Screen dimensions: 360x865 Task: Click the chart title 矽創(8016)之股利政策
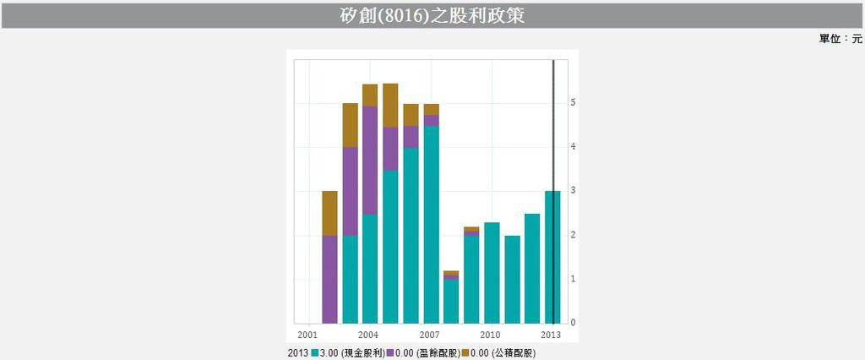point(432,15)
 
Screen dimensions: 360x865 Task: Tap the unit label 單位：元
point(841,39)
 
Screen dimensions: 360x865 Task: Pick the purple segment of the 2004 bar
point(370,161)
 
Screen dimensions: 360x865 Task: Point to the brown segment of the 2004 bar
point(370,95)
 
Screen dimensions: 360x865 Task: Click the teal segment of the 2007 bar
point(431,224)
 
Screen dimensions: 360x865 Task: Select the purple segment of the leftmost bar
point(329,279)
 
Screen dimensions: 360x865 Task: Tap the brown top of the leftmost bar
point(329,213)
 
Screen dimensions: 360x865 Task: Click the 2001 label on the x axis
point(308,334)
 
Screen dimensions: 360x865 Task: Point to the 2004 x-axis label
point(369,334)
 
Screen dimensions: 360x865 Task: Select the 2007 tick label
point(430,334)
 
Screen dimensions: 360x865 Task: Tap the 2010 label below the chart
point(491,334)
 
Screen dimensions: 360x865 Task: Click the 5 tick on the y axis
point(574,102)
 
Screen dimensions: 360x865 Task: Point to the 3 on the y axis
point(574,191)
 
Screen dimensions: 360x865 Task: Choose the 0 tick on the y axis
point(574,323)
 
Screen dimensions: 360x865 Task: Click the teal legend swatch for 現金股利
point(315,352)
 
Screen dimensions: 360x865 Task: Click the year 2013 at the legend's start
point(298,352)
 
